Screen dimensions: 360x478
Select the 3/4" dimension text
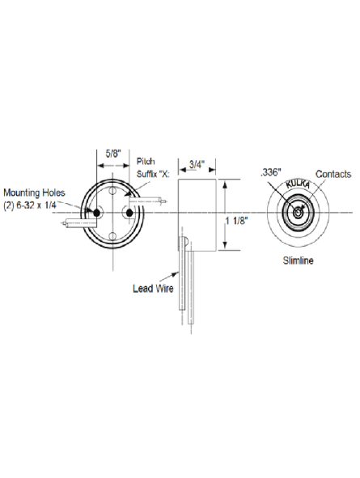(197, 165)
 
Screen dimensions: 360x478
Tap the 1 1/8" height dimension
(236, 221)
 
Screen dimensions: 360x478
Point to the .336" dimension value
(270, 172)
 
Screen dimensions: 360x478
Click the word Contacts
(332, 174)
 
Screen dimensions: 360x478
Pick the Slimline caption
(298, 260)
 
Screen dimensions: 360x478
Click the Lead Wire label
(153, 289)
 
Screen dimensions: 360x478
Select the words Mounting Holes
(34, 192)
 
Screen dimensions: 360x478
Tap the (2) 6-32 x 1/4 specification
(30, 205)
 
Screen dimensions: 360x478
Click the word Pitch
(146, 161)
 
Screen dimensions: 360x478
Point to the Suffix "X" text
(153, 174)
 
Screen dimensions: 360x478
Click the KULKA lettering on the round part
(298, 184)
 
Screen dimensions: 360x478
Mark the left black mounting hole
(97, 213)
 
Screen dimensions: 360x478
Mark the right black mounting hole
(129, 213)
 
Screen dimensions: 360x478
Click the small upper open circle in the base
(112, 191)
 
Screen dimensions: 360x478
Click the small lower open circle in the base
(112, 235)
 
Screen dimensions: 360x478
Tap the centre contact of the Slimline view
(298, 213)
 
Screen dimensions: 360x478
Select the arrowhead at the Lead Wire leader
(176, 274)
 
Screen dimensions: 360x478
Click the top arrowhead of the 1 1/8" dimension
(225, 184)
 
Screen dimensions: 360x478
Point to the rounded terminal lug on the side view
(183, 243)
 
